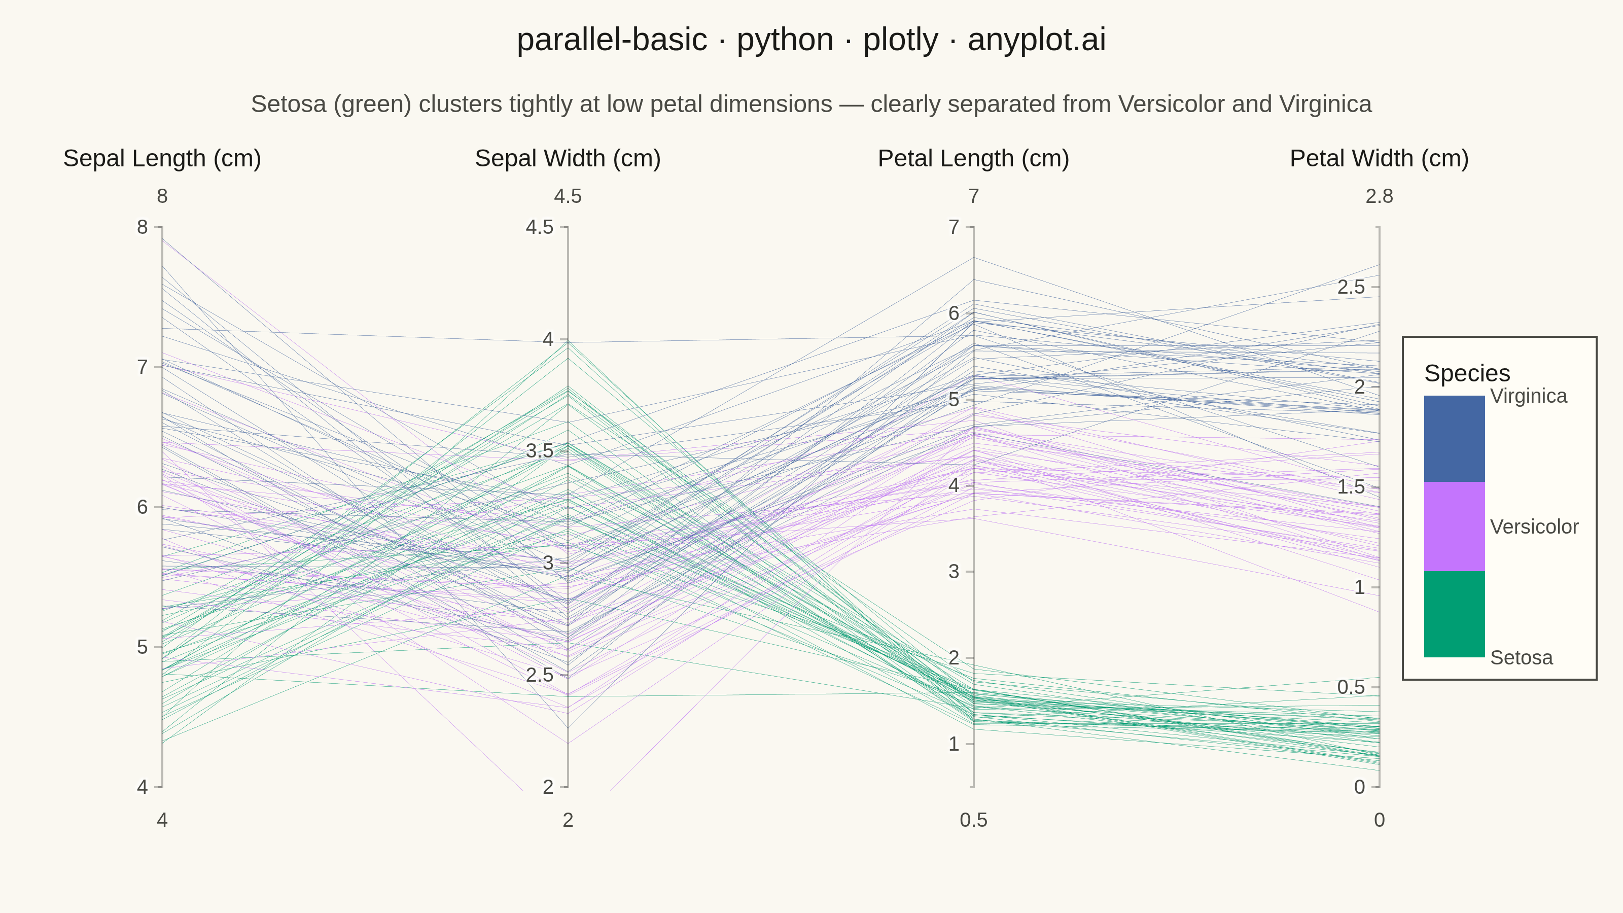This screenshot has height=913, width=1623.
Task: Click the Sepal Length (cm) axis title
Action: pos(162,158)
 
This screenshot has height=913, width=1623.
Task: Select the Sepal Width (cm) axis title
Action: pos(568,158)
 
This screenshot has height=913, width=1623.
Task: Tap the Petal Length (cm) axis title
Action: pos(973,158)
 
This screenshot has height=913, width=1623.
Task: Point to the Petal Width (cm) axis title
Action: pos(1379,158)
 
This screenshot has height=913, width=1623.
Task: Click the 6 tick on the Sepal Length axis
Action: pos(143,507)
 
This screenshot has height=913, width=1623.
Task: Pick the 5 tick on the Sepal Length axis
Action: pos(143,647)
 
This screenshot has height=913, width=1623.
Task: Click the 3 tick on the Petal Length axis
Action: pos(954,572)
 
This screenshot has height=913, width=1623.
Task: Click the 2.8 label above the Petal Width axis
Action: pos(1379,197)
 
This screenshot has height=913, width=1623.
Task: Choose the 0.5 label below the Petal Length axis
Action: pos(973,820)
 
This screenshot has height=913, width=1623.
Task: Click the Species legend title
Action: pos(1467,373)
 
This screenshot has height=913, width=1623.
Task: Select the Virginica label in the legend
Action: pos(1529,396)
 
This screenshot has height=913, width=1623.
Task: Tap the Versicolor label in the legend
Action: pos(1534,527)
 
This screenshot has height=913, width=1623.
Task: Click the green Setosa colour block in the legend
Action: pos(1454,614)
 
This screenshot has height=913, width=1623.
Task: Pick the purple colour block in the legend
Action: pos(1454,527)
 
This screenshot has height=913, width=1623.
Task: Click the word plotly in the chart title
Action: pos(900,40)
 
